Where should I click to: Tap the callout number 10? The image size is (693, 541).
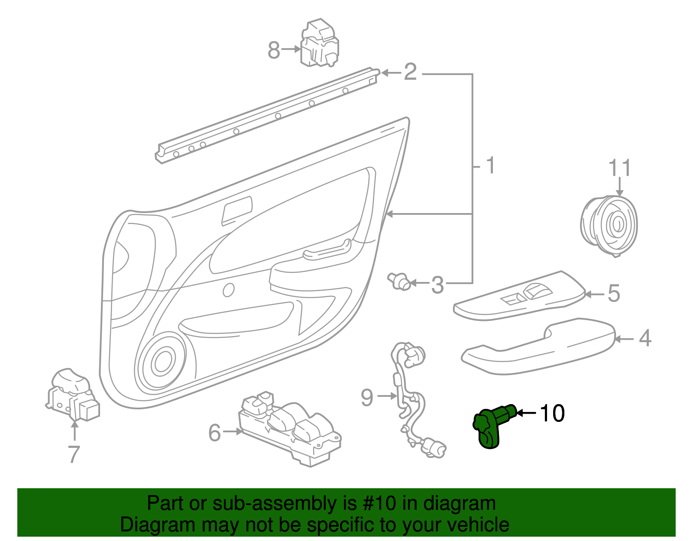click(x=552, y=413)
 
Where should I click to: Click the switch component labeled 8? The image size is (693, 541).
click(x=319, y=43)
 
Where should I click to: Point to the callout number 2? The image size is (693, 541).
click(x=410, y=72)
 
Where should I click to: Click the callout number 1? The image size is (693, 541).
click(x=490, y=166)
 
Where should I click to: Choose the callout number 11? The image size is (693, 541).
click(x=620, y=168)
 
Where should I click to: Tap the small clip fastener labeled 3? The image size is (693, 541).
click(x=399, y=281)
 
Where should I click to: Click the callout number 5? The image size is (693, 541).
click(x=614, y=294)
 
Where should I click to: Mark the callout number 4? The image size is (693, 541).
click(x=645, y=338)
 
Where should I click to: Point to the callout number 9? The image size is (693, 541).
click(x=367, y=397)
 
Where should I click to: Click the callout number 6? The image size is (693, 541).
click(x=215, y=433)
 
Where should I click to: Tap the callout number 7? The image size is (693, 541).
click(x=74, y=454)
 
